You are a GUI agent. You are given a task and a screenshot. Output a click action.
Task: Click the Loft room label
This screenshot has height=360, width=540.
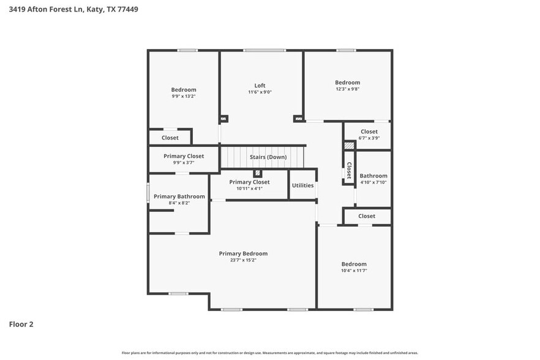260,85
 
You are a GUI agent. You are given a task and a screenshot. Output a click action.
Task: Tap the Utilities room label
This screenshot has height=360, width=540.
302,186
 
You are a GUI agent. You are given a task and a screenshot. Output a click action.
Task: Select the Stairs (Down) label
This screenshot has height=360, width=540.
268,157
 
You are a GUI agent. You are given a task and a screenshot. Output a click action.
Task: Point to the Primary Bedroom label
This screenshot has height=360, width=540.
243,253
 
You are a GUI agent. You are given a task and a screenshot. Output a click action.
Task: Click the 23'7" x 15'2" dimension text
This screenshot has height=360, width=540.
243,260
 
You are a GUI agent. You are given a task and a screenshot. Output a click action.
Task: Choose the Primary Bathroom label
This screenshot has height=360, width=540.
179,197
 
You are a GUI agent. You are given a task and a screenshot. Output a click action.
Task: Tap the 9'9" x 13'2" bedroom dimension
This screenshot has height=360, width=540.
184,96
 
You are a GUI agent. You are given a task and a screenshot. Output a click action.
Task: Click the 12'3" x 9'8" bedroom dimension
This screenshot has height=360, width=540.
347,89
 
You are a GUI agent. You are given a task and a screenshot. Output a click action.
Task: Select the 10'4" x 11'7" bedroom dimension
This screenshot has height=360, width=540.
354,271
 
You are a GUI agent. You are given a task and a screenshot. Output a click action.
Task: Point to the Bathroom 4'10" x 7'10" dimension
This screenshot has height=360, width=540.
373,182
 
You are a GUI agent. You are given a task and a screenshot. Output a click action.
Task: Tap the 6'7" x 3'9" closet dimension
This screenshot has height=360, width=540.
369,138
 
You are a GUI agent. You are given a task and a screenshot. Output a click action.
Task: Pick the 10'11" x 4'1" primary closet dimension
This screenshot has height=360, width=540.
249,189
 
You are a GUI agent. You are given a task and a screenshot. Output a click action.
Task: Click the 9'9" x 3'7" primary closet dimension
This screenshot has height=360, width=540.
184,163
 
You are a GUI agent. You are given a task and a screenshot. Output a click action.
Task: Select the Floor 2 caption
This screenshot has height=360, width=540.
21,324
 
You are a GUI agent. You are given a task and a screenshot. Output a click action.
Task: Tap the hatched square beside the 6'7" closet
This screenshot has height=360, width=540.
349,146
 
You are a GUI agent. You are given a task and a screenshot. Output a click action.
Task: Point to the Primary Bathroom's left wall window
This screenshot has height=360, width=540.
148,192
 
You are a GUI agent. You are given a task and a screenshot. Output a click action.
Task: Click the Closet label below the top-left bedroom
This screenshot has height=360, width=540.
170,138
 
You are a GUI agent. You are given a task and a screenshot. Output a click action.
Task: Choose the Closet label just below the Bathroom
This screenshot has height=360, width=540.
367,216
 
